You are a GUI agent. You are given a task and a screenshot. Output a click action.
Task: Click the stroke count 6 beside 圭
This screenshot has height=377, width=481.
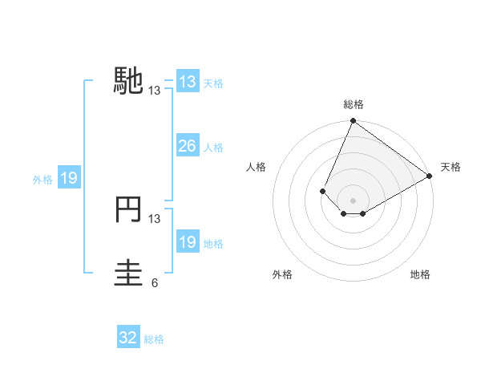point(154,282)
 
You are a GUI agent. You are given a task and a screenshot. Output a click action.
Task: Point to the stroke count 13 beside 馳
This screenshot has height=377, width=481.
point(155,91)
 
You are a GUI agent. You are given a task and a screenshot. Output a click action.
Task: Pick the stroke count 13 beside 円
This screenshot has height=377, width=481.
point(155,218)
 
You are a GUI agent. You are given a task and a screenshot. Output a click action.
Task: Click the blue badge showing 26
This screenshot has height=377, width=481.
point(187,146)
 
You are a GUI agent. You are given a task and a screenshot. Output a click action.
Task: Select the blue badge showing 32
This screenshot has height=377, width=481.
point(127,338)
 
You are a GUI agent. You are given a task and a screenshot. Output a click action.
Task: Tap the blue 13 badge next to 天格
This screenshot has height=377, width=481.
point(187,82)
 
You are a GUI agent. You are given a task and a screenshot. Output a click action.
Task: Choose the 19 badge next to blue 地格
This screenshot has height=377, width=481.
point(187,242)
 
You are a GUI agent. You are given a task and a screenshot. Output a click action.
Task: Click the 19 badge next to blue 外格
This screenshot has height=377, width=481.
point(68,178)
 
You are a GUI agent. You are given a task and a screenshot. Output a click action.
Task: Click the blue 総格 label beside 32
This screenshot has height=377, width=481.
point(154,339)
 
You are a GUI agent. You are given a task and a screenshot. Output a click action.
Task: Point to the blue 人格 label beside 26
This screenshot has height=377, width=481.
point(213,148)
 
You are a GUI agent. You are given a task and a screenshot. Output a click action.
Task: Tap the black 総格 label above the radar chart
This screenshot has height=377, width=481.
point(353,104)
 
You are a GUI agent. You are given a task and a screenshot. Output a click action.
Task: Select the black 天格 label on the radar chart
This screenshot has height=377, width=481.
point(451,167)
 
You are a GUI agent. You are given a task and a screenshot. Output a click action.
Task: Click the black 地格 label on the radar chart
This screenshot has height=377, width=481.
point(420,275)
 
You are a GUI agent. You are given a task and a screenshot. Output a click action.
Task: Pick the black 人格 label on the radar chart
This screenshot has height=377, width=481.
point(257,167)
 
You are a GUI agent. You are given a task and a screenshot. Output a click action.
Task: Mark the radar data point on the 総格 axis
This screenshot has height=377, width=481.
point(353,122)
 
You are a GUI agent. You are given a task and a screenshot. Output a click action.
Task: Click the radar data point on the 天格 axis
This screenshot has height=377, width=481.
point(430,176)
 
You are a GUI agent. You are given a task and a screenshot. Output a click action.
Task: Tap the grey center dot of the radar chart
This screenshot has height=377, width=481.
point(353,201)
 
